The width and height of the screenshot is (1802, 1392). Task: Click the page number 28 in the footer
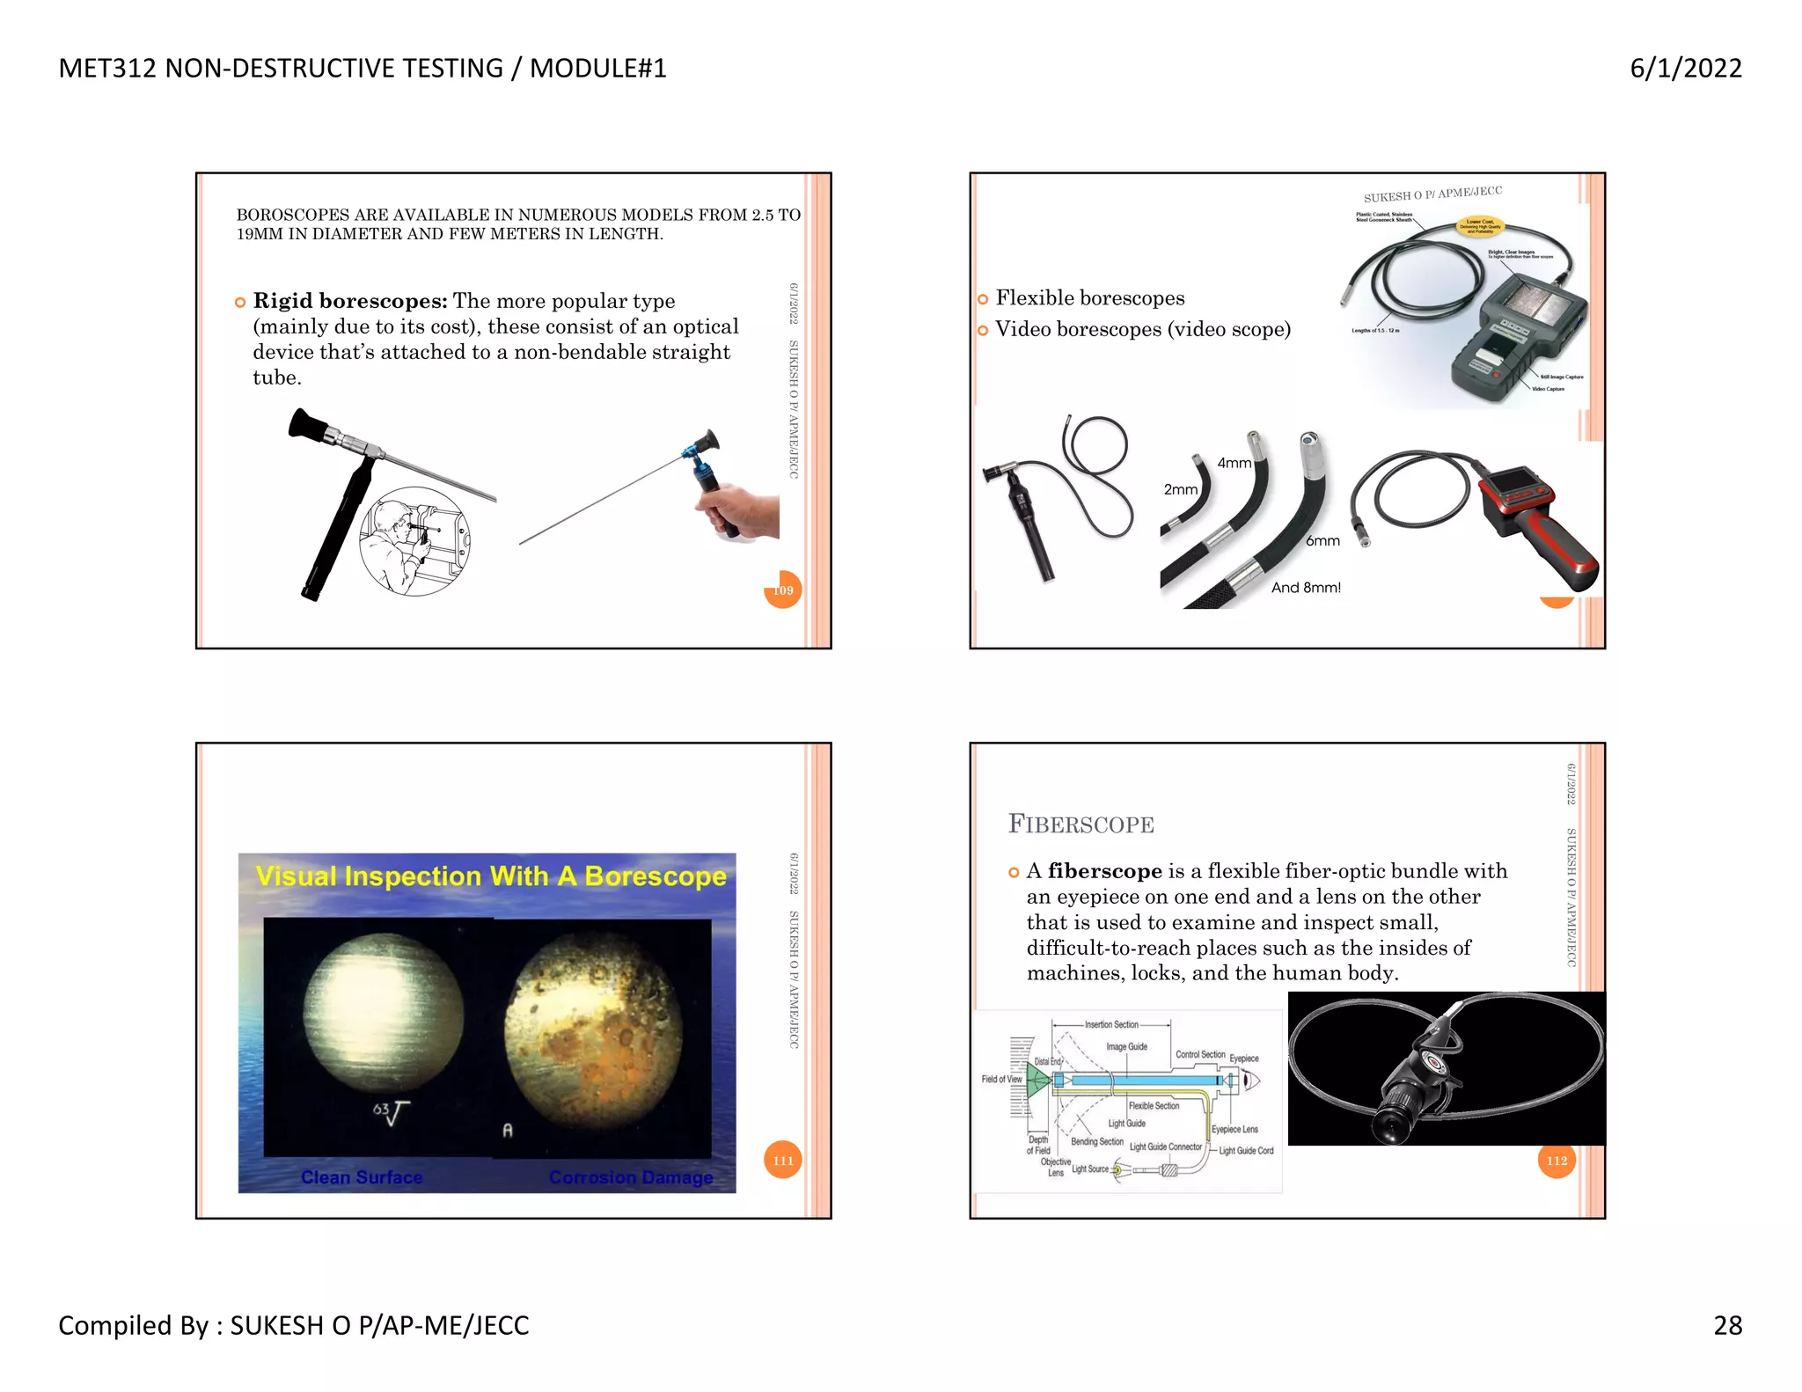1727,1324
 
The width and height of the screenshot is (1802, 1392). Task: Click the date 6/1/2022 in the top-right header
1685,68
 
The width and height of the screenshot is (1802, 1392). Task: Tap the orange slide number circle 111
782,1160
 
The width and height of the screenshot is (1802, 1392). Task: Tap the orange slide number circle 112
1556,1160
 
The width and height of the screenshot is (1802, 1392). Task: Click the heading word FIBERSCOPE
1080,824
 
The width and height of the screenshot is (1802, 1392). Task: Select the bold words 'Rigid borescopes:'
350,301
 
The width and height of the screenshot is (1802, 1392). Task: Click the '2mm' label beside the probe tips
1180,489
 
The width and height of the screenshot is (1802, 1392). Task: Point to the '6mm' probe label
1322,540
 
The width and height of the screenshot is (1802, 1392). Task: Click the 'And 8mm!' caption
1306,587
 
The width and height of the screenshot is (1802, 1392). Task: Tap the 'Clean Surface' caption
362,1177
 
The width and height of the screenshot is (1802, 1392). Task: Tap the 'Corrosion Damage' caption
630,1177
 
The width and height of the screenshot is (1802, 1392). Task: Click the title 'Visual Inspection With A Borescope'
490,876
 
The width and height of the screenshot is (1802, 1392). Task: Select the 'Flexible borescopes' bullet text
1089,298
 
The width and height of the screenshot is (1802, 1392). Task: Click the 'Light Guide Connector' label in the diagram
1165,1147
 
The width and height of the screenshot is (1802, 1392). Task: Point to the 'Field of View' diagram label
1001,1079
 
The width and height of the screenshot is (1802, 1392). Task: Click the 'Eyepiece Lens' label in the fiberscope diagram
1234,1129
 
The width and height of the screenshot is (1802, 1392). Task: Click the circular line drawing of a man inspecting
414,541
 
